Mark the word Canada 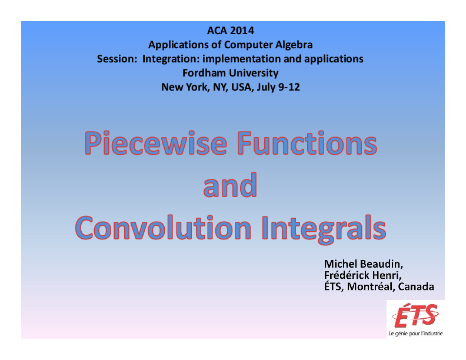click(x=417, y=287)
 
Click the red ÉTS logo click(x=415, y=314)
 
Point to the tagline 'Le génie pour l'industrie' click(x=415, y=334)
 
